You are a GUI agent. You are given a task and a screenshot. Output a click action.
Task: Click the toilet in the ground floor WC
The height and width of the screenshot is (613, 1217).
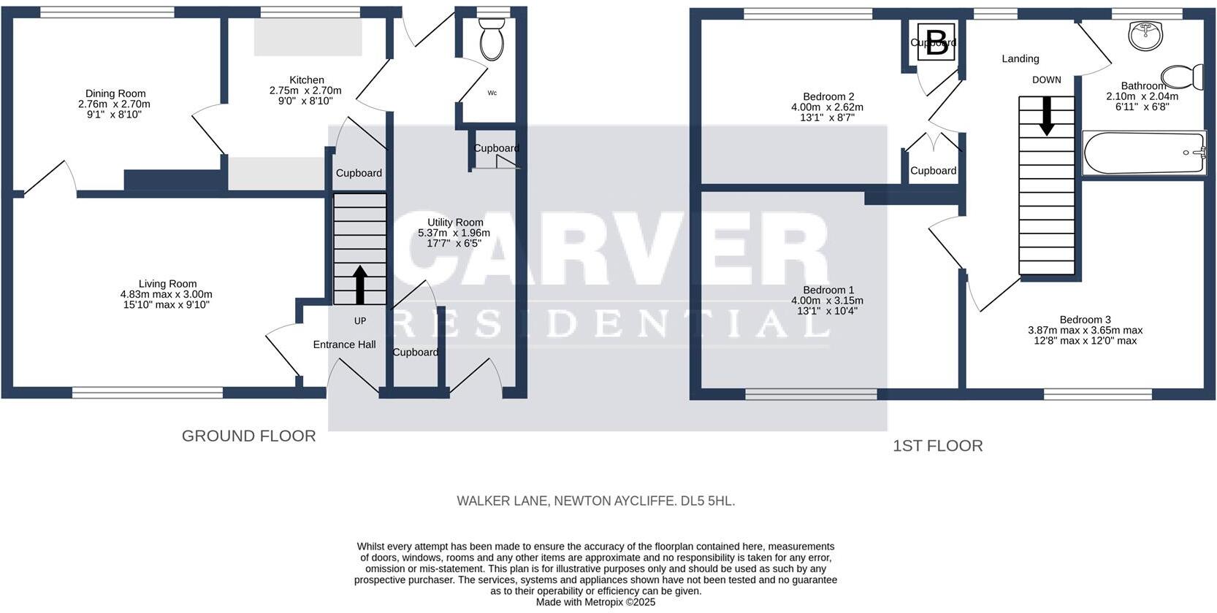492,42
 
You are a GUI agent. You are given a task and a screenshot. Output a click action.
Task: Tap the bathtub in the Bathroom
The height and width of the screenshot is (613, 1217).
1144,153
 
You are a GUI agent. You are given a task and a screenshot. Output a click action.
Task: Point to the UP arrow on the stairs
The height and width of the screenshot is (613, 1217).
360,284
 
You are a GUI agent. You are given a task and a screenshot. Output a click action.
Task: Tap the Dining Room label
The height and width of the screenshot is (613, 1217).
115,93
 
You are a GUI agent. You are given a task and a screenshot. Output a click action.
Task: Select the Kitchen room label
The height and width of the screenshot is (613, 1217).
307,80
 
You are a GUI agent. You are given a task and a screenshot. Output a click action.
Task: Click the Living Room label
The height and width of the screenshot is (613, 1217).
168,284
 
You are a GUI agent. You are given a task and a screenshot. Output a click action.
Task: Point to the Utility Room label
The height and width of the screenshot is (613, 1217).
455,223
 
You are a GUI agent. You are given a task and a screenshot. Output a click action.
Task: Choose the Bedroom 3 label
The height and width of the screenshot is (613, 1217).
1085,320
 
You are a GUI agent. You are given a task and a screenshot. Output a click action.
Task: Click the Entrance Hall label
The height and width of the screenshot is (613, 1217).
344,344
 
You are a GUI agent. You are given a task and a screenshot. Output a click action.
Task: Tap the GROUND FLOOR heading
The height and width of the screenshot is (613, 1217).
248,436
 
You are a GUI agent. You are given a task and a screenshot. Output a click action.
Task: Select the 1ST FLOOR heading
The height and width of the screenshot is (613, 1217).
937,445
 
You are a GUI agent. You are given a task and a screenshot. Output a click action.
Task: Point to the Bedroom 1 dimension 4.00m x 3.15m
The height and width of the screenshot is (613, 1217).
827,301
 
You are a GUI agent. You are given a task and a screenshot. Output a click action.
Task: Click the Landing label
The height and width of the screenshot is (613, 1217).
1020,58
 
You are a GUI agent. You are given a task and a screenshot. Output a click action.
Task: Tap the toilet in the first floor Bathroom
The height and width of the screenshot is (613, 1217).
1180,77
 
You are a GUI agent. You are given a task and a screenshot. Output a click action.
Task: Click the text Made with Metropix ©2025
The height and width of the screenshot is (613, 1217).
595,602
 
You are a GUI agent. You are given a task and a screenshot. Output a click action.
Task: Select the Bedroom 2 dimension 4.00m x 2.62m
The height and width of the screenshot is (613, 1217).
827,107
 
